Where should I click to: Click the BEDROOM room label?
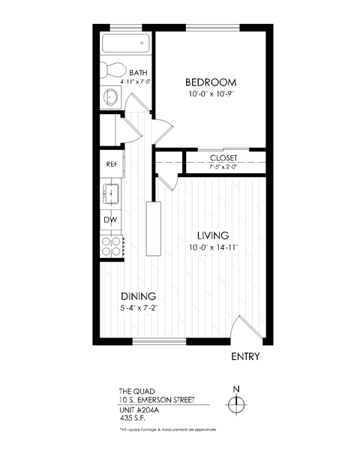point(211,82)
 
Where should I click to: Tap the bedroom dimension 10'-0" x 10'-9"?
point(211,94)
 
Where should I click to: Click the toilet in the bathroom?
point(113,70)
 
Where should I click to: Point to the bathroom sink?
point(111,96)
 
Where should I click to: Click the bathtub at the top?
point(127,43)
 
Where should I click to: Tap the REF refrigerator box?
point(111,163)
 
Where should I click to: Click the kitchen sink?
point(111,192)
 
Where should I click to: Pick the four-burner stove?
point(111,246)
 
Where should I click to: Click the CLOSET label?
point(223,157)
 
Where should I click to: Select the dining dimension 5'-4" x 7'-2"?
point(137,307)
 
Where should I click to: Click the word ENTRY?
point(244,357)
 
